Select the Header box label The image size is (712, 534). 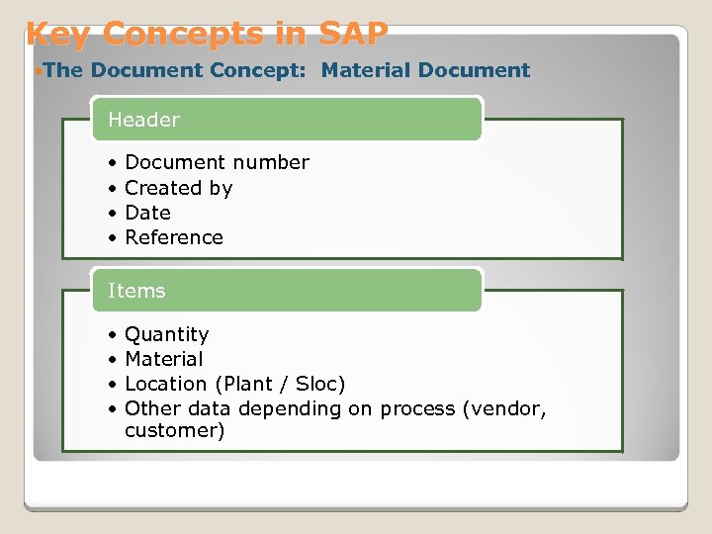pos(143,120)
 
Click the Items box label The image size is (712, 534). pos(136,291)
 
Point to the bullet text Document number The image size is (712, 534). pos(217,162)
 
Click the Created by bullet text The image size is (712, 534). pos(178,188)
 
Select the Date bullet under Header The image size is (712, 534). pos(147,213)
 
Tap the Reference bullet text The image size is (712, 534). pos(174,237)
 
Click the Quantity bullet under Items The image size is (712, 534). pos(166,334)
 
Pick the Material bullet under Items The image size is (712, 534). pos(163,359)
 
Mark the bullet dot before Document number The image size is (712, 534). pos(115,162)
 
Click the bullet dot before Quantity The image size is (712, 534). pos(115,334)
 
